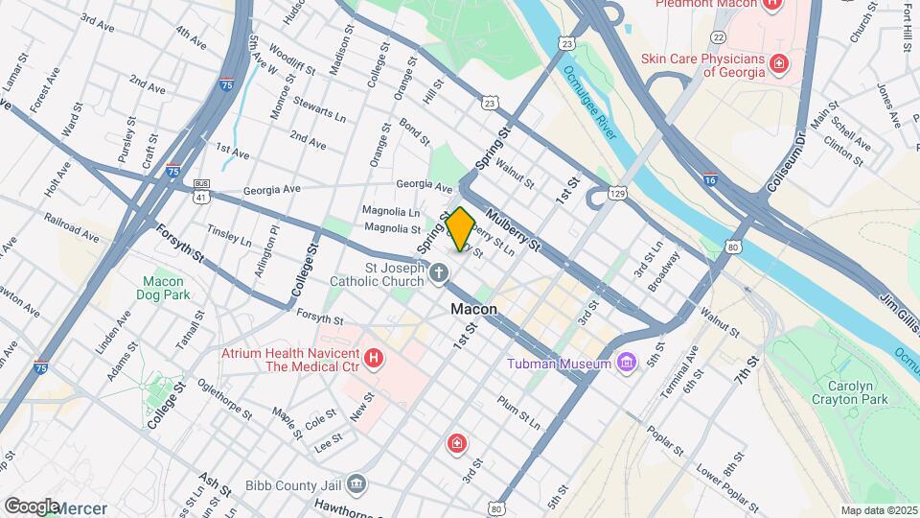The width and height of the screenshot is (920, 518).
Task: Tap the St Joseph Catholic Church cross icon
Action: point(438,274)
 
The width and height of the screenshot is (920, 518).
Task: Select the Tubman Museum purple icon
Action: point(628,364)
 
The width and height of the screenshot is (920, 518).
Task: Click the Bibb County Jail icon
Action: point(356,483)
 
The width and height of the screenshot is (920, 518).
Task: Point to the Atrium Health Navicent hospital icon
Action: point(375,360)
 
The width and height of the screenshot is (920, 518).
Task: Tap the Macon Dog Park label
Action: point(162,289)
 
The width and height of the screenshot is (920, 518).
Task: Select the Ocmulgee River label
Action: point(590,101)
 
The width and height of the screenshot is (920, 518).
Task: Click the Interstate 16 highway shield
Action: point(709,178)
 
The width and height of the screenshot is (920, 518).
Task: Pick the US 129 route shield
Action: point(619,195)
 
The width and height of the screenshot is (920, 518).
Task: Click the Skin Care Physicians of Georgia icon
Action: point(780,64)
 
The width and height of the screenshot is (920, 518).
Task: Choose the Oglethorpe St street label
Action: point(226,403)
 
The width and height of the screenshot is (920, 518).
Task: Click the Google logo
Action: point(31,506)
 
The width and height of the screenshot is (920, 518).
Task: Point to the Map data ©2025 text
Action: point(878,510)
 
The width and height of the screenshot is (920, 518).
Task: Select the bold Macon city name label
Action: point(474,310)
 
